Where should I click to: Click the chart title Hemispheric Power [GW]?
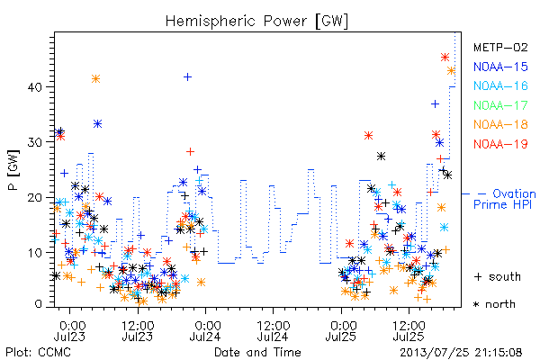point(256,22)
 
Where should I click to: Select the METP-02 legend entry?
point(500,47)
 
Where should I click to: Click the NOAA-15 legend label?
point(500,67)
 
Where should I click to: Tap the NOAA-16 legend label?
point(500,85)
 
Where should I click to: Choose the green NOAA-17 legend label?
point(500,105)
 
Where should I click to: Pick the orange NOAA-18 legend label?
point(500,124)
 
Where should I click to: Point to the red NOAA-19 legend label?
point(500,144)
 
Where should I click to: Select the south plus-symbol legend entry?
point(498,276)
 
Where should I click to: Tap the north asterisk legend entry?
point(494,304)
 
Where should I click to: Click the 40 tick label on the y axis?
point(34,86)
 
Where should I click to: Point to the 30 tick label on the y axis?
point(34,142)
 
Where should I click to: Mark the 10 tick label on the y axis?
point(34,253)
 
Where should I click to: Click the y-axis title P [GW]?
point(13,170)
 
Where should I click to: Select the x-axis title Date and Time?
point(257,353)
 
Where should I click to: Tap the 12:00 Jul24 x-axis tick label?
point(273,330)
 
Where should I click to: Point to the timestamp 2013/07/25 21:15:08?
point(461,353)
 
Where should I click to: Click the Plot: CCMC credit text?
point(38,353)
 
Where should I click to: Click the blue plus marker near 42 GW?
point(187,76)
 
